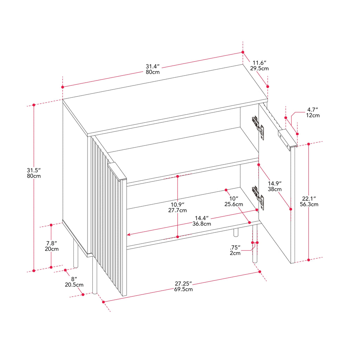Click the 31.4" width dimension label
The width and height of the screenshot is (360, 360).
tap(153, 66)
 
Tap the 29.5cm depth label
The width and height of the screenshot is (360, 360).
tap(259, 69)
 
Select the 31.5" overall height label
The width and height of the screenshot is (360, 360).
tap(34, 171)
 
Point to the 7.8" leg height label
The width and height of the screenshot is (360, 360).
tap(52, 243)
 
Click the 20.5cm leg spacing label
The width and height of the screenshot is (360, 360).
tap(74, 285)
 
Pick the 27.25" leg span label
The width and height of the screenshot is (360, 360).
tap(183, 284)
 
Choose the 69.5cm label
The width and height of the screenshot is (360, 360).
tap(183, 289)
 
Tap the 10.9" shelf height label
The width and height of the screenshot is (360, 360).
tap(178, 205)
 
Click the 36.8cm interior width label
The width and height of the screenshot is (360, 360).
tap(201, 224)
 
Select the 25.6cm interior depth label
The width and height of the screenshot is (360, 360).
tap(234, 204)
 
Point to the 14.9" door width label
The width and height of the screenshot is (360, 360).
tap(275, 184)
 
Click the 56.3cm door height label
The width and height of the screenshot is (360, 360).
tap(309, 204)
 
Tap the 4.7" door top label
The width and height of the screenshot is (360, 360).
tap(313, 110)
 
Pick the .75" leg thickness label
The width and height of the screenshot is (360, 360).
tap(235, 247)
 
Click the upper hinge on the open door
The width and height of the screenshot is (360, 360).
tap(258, 128)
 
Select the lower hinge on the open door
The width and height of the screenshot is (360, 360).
tap(258, 198)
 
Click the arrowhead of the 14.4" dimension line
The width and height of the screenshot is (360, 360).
tap(129, 234)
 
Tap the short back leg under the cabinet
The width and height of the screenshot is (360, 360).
tap(236, 232)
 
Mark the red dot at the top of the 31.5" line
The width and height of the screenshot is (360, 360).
tap(34, 105)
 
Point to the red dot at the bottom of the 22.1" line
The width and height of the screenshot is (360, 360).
tap(309, 260)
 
